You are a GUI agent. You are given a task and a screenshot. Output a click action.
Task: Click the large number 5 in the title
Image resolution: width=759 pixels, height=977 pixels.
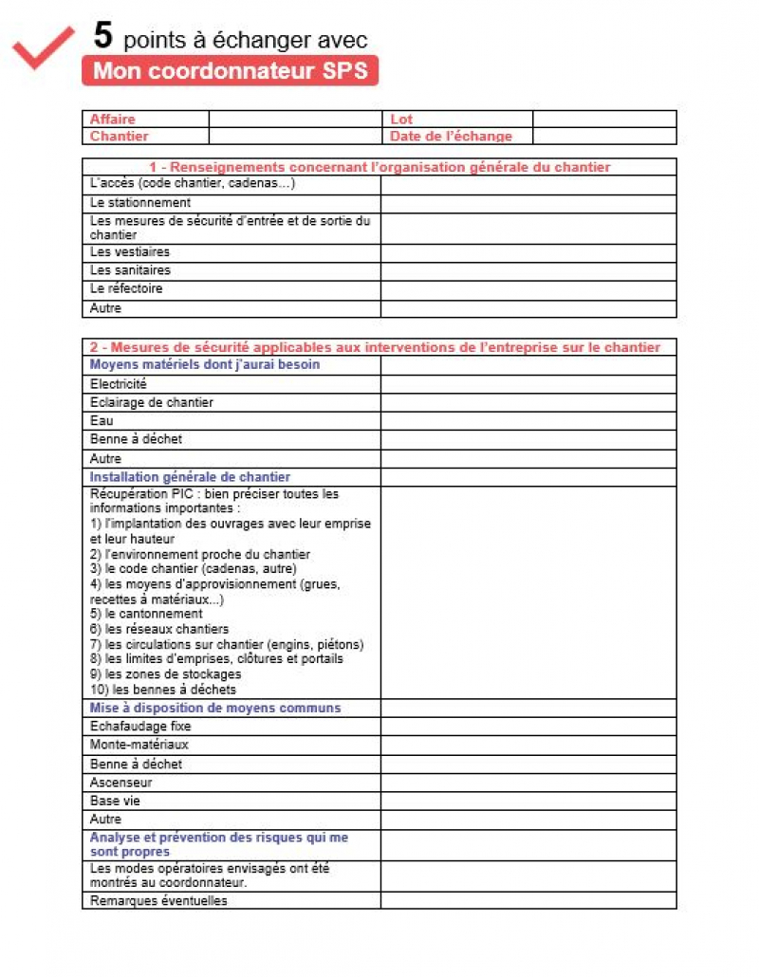(103, 36)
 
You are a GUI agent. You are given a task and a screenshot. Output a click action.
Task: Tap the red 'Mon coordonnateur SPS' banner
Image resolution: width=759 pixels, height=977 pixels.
(230, 71)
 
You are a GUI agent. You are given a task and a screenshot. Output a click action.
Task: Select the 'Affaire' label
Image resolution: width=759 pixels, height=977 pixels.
(113, 120)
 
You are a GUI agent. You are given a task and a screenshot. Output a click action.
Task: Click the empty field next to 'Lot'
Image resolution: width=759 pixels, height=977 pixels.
(603, 120)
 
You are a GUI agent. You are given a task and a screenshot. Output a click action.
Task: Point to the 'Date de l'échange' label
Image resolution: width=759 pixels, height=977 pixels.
(451, 137)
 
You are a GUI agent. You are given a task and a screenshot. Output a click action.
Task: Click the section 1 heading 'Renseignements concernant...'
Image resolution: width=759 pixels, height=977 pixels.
(379, 167)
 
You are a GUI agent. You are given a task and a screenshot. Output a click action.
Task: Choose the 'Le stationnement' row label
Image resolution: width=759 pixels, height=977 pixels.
(140, 203)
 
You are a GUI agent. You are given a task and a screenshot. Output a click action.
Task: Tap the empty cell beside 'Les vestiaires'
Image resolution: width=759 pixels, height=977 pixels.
(528, 253)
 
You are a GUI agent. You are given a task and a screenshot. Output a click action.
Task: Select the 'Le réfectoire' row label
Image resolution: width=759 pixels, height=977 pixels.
(126, 288)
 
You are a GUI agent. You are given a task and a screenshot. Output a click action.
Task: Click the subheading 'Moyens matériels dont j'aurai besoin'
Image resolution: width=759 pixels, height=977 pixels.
(205, 364)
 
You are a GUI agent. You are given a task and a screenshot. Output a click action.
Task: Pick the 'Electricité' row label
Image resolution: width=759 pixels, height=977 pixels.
(119, 384)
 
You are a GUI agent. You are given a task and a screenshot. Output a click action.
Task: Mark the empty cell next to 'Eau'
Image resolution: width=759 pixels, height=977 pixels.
(528, 420)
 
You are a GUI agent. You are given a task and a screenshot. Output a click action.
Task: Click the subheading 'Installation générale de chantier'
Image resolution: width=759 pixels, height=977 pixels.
(190, 477)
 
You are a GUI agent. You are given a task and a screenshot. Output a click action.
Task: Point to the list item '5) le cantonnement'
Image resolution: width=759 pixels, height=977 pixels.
(146, 614)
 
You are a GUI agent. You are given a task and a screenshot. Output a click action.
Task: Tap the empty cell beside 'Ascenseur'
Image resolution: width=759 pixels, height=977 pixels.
(528, 783)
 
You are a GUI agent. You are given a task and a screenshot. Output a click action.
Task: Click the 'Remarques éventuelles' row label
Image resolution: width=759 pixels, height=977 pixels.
(158, 900)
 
